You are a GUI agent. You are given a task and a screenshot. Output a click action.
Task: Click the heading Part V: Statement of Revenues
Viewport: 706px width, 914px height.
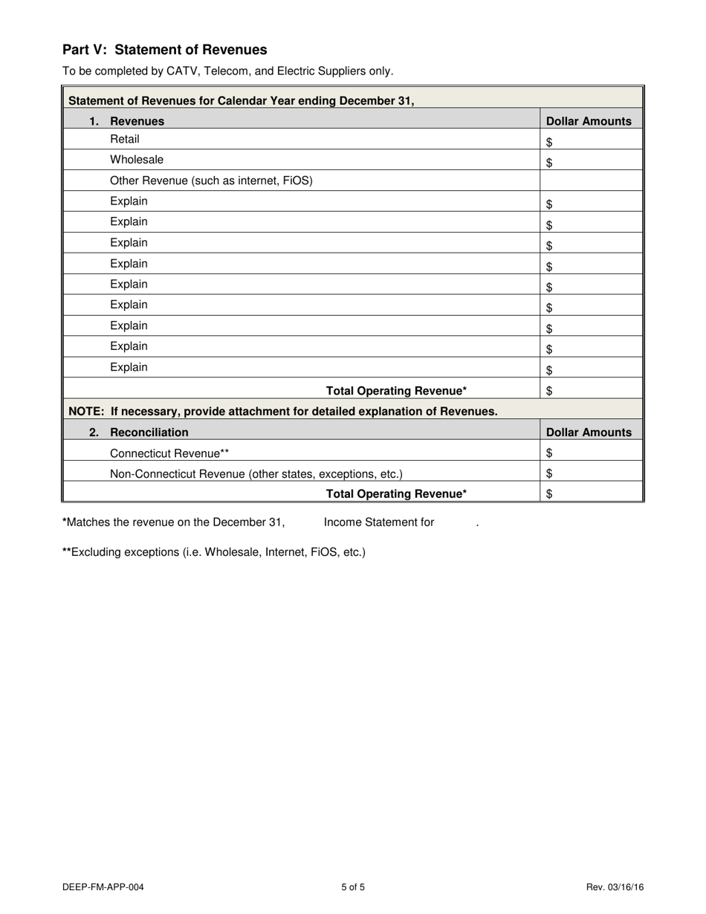pos(164,50)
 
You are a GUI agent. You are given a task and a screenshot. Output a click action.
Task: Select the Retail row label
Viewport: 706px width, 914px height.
pos(124,139)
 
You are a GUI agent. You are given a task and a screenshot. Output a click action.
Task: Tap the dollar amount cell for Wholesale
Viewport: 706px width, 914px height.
pos(591,161)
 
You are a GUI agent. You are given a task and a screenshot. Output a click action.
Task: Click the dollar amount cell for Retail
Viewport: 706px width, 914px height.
pos(591,140)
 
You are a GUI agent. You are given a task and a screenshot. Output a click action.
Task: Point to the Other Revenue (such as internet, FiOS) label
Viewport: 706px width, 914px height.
pos(211,181)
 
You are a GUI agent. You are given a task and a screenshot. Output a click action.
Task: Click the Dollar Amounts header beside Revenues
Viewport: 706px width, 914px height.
pos(589,121)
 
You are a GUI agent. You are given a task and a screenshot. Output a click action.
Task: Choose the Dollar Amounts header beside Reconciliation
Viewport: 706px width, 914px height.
pos(589,432)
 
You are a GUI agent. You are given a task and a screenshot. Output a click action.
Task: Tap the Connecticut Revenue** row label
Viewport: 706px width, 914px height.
pos(169,453)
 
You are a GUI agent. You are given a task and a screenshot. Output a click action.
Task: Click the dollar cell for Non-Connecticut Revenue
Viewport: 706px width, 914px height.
pos(591,473)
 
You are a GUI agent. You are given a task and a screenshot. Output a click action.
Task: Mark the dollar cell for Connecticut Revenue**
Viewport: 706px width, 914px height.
pos(591,453)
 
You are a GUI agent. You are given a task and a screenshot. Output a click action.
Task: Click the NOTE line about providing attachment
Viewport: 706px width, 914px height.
pos(283,412)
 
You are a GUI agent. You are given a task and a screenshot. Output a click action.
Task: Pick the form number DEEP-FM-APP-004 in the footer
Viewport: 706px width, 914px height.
pos(103,887)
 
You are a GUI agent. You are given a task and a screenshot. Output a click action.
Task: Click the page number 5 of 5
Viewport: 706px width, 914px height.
pos(353,887)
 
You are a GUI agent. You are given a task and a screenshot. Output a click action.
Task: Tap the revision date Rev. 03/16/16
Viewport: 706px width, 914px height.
pos(615,887)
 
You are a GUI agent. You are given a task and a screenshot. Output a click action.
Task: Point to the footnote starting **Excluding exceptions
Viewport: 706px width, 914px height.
pos(214,552)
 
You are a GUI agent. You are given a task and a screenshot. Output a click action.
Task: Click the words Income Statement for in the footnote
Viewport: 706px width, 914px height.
pos(379,522)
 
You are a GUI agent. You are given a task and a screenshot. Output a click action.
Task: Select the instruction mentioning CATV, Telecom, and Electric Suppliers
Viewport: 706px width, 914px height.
pos(228,71)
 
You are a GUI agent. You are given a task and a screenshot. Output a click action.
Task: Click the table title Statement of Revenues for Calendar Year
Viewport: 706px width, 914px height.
pos(241,100)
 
